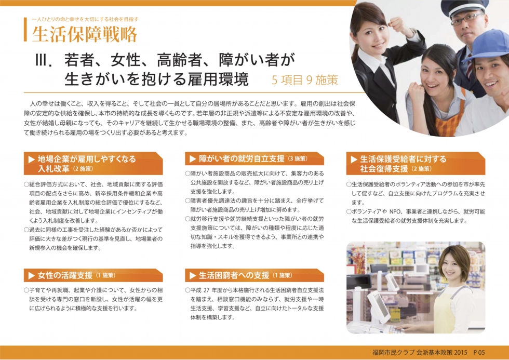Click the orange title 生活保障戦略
[85, 34]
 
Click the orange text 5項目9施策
[305, 80]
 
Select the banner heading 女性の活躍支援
[65, 276]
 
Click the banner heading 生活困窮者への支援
[234, 276]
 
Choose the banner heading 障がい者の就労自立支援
[242, 159]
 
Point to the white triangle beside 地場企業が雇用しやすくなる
[32, 159]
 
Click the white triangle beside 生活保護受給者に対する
[354, 159]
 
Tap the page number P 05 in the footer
[479, 353]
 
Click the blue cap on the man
[488, 45]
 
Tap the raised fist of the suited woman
[396, 25]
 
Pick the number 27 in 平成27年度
[206, 290]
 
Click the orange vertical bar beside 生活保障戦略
[25, 30]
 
